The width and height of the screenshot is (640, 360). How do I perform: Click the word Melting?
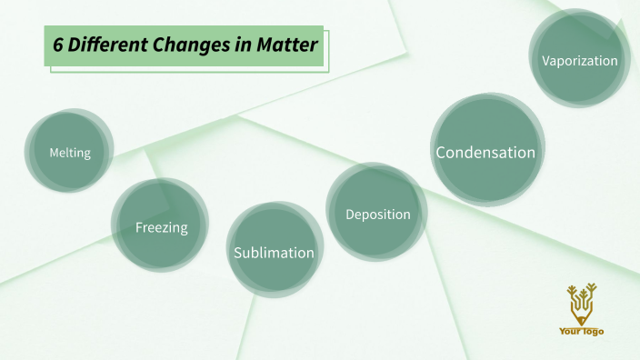point(70,153)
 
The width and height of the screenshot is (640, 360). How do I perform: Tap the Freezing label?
point(161,227)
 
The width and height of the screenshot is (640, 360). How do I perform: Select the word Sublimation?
point(274,253)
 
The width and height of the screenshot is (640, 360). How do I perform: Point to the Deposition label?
point(378,215)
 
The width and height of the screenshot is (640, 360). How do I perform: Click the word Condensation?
point(485,153)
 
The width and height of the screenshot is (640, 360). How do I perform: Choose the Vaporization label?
point(579,61)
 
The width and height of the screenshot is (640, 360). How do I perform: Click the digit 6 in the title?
point(56,45)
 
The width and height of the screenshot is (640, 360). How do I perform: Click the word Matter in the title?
point(285,45)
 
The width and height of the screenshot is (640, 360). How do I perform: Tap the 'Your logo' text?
point(581,332)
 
